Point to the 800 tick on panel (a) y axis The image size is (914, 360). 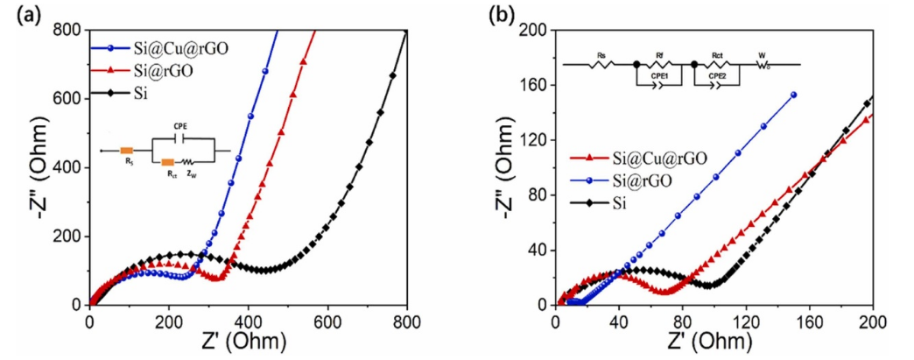(71, 30)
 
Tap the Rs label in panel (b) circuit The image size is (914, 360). (601, 54)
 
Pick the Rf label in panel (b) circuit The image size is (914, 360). (662, 54)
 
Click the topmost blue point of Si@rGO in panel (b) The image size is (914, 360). (793, 95)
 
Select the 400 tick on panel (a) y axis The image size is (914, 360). (71, 167)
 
